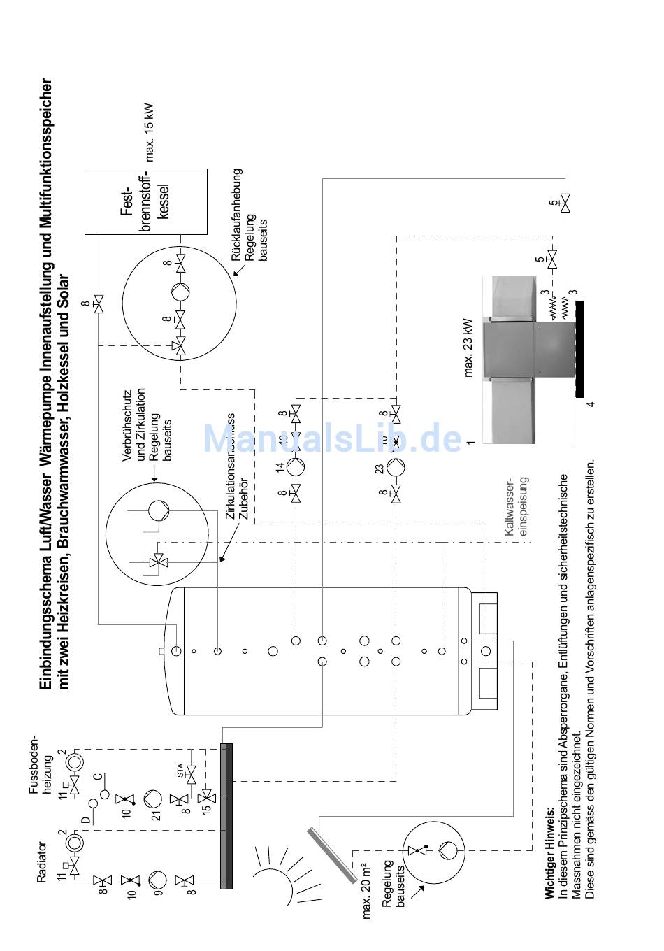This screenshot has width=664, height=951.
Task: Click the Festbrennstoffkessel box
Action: point(145,201)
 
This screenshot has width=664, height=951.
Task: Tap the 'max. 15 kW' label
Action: point(150,132)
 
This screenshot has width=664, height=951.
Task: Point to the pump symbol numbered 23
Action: point(396,467)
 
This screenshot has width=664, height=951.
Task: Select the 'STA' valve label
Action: point(180,772)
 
